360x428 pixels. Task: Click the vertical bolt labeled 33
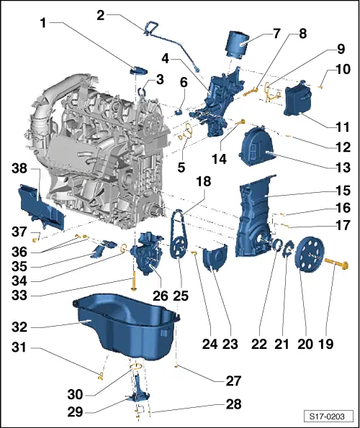[134, 278]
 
